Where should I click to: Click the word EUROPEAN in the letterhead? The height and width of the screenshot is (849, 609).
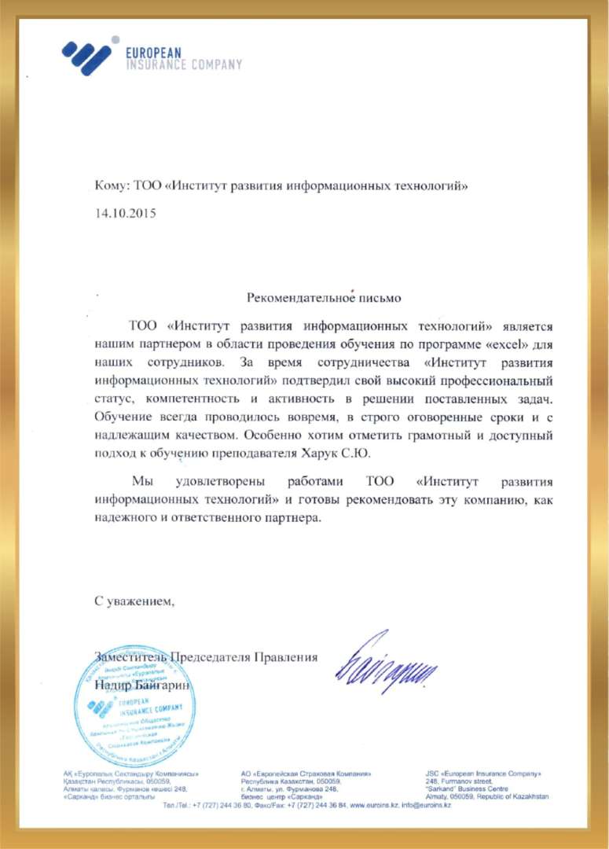tap(154, 52)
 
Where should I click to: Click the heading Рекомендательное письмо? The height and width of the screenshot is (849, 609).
tap(324, 298)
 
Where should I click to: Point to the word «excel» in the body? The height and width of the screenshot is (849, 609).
tap(492, 344)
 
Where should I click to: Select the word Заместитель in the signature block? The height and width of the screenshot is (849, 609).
tap(130, 657)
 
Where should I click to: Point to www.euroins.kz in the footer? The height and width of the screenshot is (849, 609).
tap(374, 807)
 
